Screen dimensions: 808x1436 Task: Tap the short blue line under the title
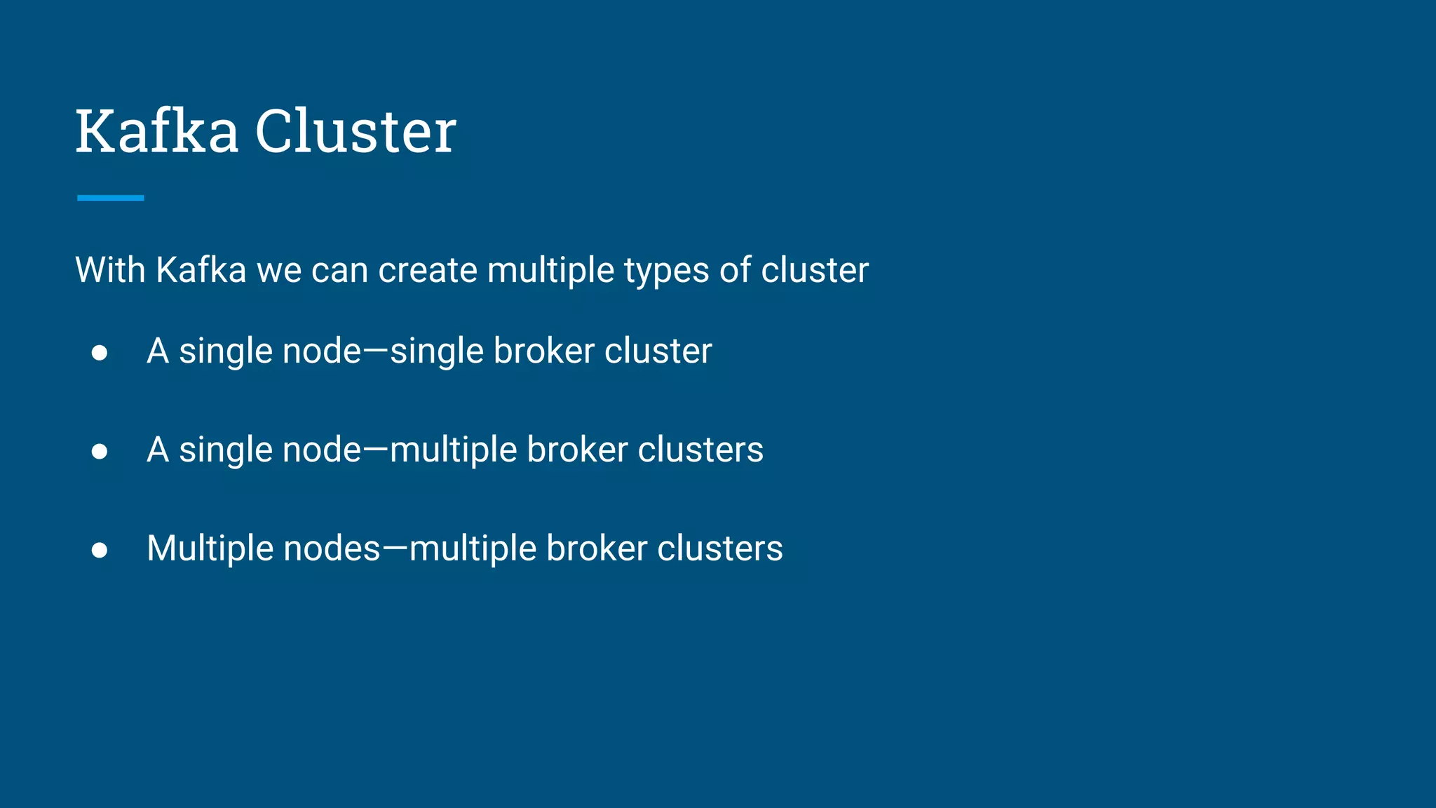click(111, 198)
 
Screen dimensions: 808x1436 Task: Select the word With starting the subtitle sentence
click(111, 270)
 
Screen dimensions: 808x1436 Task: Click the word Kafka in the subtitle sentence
click(201, 270)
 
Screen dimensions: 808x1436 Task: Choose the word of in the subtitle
click(736, 270)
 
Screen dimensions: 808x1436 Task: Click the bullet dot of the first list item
click(100, 352)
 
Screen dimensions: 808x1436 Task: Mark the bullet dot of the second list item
click(100, 451)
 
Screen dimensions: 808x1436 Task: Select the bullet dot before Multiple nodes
click(100, 550)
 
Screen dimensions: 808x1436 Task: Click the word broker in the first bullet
click(544, 351)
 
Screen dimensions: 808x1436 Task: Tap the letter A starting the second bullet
click(158, 450)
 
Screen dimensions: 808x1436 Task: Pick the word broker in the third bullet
click(597, 548)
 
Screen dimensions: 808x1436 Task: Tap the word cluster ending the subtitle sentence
click(815, 270)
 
